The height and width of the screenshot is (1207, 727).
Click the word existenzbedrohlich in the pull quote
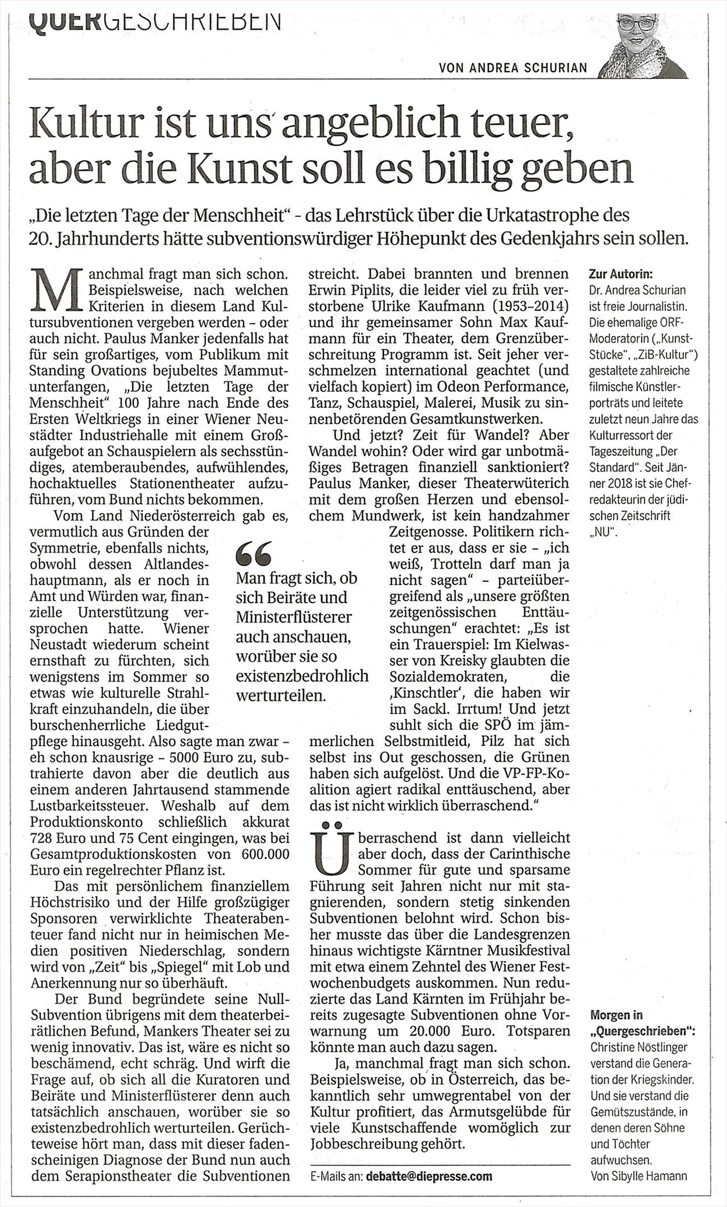point(302,676)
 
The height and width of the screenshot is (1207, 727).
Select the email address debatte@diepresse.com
point(429,1176)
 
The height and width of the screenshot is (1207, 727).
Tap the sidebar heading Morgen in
point(616,1015)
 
